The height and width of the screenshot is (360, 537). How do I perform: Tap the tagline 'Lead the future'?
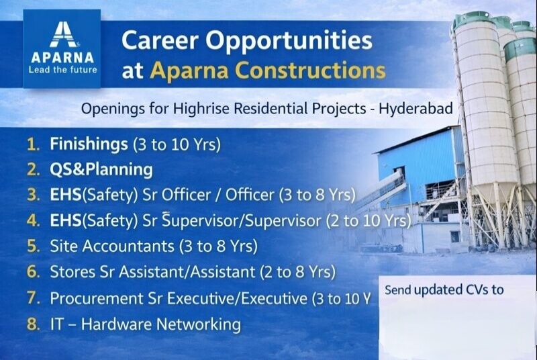coord(61,69)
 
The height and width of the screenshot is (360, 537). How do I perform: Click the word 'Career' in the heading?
coord(159,41)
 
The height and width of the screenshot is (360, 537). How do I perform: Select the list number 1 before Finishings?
coord(33,144)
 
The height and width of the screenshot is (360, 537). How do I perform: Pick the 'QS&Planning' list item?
coord(101,169)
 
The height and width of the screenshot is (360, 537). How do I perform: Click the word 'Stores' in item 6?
coord(70,273)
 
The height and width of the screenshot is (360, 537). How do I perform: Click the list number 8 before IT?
coord(33,324)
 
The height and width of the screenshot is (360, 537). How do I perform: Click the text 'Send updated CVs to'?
coord(444,290)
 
